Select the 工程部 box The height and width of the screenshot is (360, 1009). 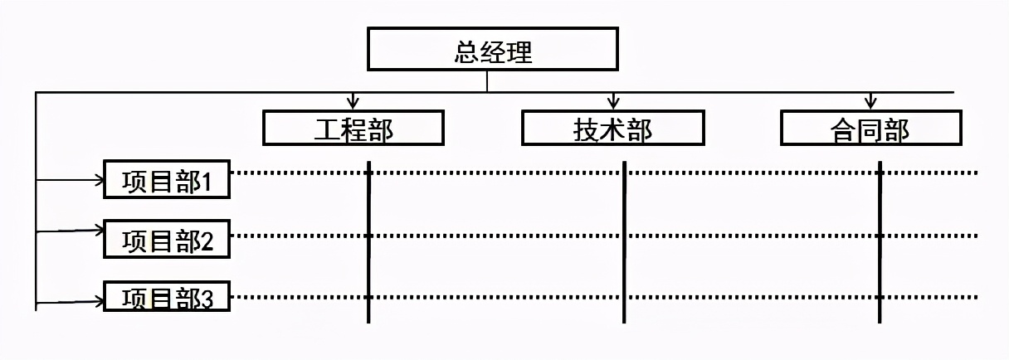(x=353, y=129)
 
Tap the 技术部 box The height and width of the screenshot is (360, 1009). (x=612, y=129)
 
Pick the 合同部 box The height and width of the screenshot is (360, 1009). (x=870, y=129)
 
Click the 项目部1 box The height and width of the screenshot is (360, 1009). (x=166, y=180)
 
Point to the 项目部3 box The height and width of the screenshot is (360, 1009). (x=166, y=297)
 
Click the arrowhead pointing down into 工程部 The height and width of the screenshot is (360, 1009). (x=353, y=103)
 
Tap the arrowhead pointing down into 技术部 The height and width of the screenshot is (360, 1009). (x=613, y=103)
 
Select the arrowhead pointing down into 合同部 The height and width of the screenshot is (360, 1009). (x=870, y=103)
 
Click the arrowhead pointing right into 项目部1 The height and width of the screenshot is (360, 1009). (x=96, y=178)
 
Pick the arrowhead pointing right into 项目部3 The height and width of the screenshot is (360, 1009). (x=96, y=300)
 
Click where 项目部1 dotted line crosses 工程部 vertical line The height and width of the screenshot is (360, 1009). (x=368, y=173)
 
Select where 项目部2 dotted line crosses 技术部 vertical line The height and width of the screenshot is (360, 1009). (x=624, y=235)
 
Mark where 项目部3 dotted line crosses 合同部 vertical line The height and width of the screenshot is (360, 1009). (x=880, y=296)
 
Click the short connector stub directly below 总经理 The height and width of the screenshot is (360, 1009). (x=487, y=80)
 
